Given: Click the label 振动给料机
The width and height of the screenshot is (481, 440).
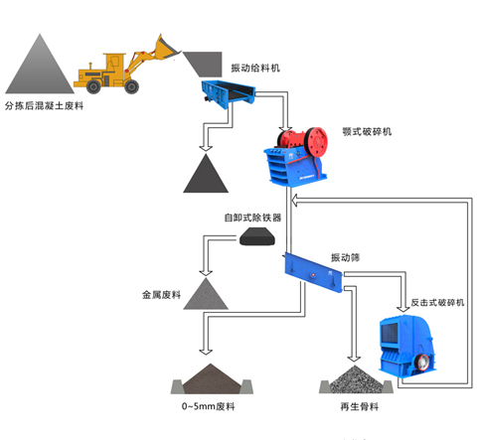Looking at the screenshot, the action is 255,69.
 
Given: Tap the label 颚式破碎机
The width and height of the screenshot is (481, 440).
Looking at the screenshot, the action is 367,132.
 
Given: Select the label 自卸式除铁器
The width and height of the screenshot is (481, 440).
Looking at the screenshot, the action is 252,218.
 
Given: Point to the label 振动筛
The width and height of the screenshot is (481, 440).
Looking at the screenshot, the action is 345,257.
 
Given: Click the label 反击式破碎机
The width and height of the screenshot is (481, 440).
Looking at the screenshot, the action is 437,302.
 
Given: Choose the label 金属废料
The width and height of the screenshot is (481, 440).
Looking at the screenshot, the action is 161,295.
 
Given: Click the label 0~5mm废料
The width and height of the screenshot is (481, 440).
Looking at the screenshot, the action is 209,406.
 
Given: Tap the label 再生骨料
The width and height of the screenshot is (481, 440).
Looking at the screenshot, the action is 360,406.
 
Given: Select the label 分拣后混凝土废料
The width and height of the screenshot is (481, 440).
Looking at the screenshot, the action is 44,106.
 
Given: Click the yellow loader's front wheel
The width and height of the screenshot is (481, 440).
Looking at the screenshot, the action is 131,86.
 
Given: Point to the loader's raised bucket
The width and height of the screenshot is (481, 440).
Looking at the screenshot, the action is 166,48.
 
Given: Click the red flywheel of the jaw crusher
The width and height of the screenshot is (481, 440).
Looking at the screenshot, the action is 316,141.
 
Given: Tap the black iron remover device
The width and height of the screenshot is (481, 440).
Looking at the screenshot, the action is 257,236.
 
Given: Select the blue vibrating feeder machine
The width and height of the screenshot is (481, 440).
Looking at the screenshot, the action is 229,93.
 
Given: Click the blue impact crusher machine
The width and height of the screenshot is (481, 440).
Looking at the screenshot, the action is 406,346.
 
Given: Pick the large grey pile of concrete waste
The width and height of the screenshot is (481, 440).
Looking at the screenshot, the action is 40,68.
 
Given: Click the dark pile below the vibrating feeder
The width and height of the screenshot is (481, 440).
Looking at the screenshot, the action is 206,175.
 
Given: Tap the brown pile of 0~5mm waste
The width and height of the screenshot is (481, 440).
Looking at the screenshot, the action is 211,379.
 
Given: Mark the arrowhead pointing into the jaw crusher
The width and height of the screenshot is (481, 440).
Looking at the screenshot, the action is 285,129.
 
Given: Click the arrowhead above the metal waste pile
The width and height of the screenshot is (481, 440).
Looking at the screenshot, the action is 206,273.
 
